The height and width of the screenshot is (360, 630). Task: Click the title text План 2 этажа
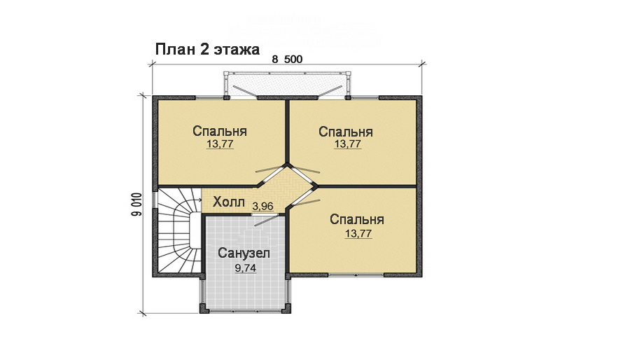[x=207, y=50]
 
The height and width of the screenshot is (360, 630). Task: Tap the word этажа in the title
[x=238, y=50]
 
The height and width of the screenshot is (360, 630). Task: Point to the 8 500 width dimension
[x=287, y=60]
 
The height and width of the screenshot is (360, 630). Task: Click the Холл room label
[x=229, y=204]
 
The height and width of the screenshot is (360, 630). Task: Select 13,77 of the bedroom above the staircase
[x=220, y=144]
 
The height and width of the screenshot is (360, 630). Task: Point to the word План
[x=171, y=50]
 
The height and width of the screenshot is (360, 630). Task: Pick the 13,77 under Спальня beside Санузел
[x=358, y=234]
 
